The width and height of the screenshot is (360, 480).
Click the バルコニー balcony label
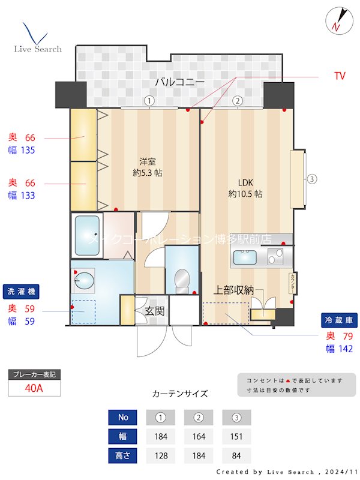pos(179,82)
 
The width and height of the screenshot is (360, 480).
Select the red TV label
pos(340,76)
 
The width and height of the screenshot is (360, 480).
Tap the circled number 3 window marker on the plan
pos(312,179)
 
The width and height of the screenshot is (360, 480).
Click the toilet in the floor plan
pos(180,280)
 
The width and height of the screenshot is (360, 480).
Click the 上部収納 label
pos(234,290)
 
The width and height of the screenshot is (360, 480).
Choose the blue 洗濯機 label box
pos(20,292)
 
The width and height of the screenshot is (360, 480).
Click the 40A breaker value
pos(34,388)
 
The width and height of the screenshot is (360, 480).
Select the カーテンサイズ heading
pos(180,394)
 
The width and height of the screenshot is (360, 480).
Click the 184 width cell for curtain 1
pos(160,436)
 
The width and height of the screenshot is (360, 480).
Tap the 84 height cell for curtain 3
pos(236,455)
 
